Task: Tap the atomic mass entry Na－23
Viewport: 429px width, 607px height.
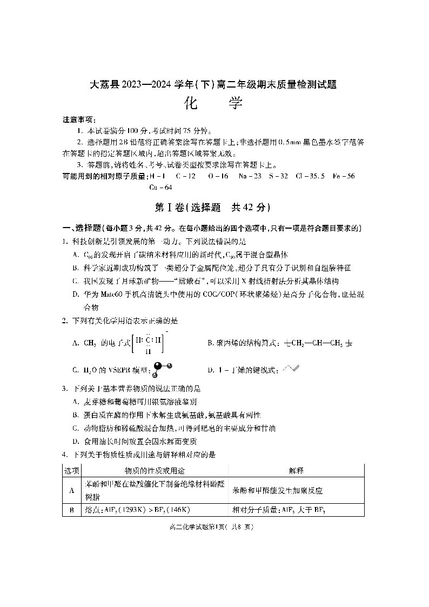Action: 250,176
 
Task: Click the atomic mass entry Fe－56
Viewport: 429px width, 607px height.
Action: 344,176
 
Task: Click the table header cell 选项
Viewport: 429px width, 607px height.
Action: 72,471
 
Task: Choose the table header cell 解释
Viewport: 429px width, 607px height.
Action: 296,471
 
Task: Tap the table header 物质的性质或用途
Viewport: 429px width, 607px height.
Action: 155,471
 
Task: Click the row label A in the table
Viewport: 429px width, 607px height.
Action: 72,490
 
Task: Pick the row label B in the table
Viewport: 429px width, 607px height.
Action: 72,510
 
